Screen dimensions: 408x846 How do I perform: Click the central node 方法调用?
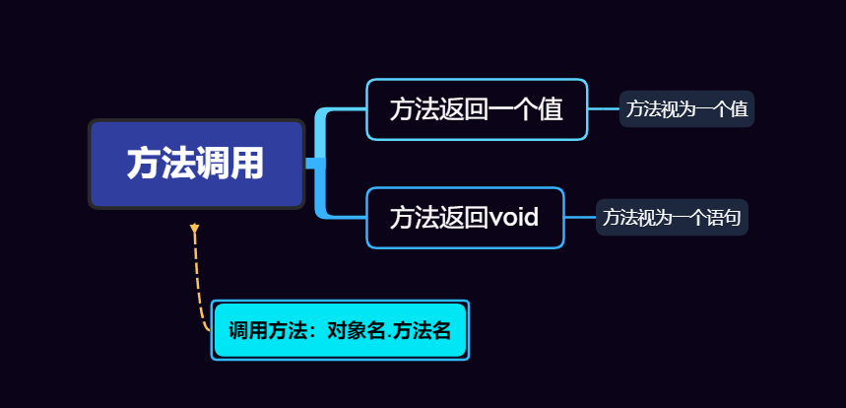coord(196,164)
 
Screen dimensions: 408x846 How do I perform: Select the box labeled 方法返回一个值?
coord(477,109)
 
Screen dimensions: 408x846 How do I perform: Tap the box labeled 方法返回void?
coord(465,217)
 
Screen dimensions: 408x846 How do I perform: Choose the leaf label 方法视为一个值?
coord(686,109)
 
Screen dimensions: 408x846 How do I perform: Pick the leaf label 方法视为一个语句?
coord(672,217)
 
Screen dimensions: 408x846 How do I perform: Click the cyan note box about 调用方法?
coord(340,330)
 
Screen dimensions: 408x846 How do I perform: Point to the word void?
coord(514,217)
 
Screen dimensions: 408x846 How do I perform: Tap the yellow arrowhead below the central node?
coord(195,230)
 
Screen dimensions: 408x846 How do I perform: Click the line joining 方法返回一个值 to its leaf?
coord(604,109)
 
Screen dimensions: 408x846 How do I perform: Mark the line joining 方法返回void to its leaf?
coord(580,217)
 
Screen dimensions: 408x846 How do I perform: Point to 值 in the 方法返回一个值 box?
coord(552,109)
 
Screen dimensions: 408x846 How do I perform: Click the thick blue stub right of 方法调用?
coord(314,164)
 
